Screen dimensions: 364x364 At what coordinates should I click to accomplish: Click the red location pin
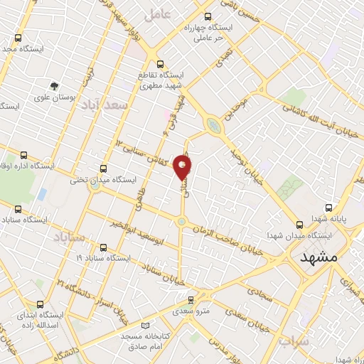pyautogui.click(x=183, y=166)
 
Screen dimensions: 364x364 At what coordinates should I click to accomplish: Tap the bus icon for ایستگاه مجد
pyautogui.click(x=17, y=38)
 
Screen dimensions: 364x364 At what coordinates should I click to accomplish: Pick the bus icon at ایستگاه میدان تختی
pyautogui.click(x=104, y=168)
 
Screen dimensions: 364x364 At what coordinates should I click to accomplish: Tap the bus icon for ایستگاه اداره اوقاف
pyautogui.click(x=23, y=154)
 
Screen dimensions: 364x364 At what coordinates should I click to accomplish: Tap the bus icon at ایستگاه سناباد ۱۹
pyautogui.click(x=104, y=247)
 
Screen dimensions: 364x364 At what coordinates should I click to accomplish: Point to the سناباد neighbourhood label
pyautogui.click(x=68, y=236)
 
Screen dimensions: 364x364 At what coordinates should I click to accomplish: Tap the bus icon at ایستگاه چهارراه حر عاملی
pyautogui.click(x=208, y=16)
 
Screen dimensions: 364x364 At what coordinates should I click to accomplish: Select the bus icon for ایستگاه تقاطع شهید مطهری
pyautogui.click(x=159, y=63)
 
